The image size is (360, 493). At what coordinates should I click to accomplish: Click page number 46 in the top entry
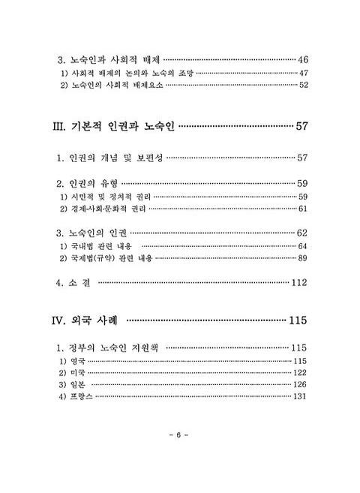[x=302, y=59]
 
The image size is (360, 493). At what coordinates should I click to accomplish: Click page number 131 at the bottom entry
[x=300, y=396]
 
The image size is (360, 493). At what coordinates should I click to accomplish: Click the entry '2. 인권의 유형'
[x=88, y=183]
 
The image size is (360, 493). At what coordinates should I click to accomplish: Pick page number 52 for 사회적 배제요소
[x=302, y=85]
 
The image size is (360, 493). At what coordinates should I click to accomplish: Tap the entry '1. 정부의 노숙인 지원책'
[x=109, y=347]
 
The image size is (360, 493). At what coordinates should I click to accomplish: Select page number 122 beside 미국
[x=300, y=373]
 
